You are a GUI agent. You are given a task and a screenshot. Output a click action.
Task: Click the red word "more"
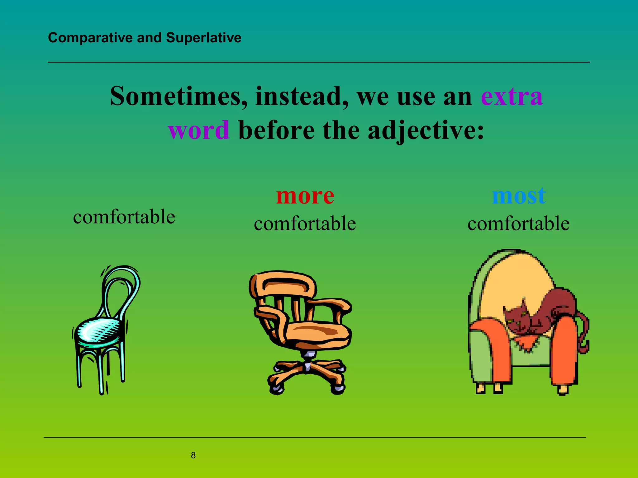[305, 196]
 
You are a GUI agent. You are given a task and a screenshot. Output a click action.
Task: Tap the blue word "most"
[519, 196]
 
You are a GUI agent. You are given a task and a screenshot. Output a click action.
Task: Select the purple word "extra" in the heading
[512, 96]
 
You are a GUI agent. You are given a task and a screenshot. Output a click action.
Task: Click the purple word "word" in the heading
[199, 130]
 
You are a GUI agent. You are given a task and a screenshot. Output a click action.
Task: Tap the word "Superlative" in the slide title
[204, 38]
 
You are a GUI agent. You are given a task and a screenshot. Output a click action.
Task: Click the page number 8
[193, 455]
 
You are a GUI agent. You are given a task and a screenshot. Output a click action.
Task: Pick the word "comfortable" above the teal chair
[124, 217]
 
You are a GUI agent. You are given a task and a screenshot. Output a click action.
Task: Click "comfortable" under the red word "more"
[305, 223]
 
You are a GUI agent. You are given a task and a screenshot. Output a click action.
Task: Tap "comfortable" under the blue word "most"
[518, 223]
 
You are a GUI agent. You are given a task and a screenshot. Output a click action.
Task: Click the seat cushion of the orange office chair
[321, 333]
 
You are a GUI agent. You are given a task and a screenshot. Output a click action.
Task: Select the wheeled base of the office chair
[307, 373]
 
